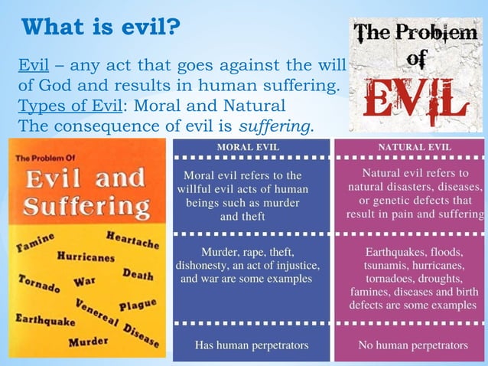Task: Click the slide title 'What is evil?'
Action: (101, 28)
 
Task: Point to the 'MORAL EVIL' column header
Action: (249, 147)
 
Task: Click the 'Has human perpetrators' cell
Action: (252, 345)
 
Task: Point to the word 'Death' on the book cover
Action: (138, 273)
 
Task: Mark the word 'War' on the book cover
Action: (84, 281)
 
